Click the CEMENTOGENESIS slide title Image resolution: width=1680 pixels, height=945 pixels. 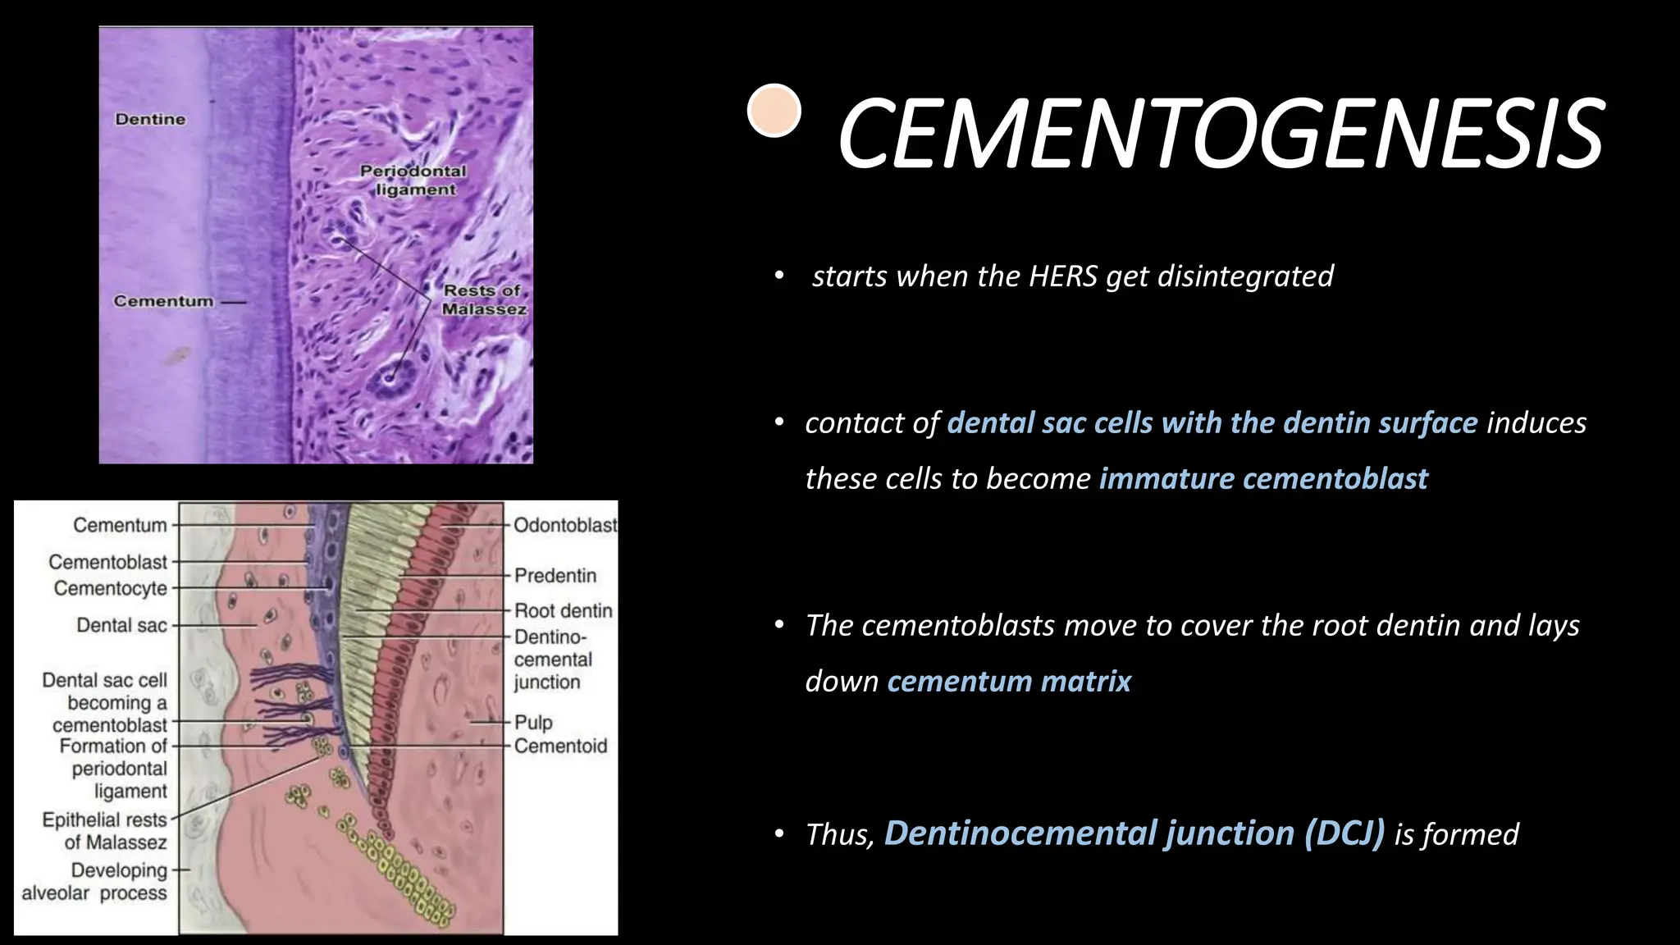(x=1220, y=134)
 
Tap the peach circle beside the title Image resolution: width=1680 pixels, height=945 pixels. (x=774, y=111)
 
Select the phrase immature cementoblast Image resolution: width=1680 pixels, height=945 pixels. (x=1263, y=478)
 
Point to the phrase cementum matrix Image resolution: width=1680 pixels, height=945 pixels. (x=1009, y=682)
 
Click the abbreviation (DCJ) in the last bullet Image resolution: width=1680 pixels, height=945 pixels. (x=1344, y=833)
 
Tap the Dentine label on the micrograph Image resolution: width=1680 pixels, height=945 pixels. (x=150, y=120)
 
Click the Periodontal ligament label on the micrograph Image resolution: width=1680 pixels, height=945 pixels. (x=413, y=180)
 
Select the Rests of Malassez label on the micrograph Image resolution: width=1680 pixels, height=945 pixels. (x=483, y=300)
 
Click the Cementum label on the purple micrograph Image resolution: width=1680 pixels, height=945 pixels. (x=163, y=302)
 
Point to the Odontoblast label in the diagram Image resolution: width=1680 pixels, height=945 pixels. (x=564, y=526)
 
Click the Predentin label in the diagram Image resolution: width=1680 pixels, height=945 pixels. (x=555, y=576)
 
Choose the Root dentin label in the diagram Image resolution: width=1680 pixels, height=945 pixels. (x=564, y=611)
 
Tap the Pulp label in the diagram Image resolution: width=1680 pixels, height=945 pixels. (x=533, y=723)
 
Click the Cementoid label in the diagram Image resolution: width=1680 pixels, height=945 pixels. (x=560, y=746)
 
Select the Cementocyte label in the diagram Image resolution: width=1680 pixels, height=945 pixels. (x=111, y=589)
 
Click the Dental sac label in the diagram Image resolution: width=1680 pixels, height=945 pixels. (x=121, y=626)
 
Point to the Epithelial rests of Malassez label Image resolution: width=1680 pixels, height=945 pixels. (x=105, y=831)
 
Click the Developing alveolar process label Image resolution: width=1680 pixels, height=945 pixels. (x=95, y=882)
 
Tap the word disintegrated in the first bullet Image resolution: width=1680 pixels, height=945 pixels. (x=1245, y=276)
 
